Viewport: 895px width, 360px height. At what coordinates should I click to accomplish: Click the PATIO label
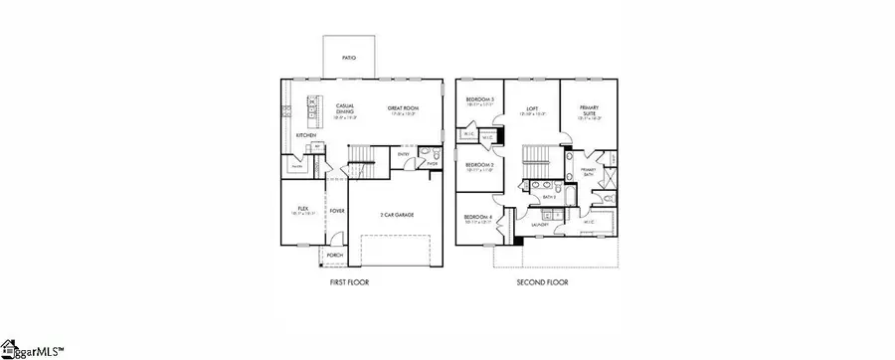349,59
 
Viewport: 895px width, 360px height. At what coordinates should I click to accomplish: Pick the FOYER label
337,211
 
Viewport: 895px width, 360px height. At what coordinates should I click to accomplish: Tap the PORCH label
334,255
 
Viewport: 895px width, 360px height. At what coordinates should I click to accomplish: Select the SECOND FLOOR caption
542,283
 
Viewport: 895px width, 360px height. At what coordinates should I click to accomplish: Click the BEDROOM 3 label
480,100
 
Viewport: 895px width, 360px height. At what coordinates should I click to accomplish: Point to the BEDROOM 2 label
479,165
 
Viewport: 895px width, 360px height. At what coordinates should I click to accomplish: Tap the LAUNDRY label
540,225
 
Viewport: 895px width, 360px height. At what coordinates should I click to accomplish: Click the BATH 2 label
548,197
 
